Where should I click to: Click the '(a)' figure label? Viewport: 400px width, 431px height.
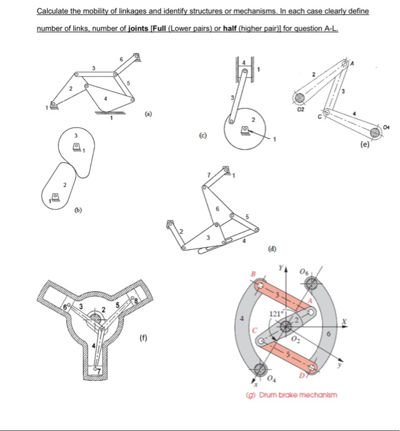[148, 115]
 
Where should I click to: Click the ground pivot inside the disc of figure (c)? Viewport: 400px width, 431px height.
[246, 130]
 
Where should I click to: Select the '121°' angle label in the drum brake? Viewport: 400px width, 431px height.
[276, 315]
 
